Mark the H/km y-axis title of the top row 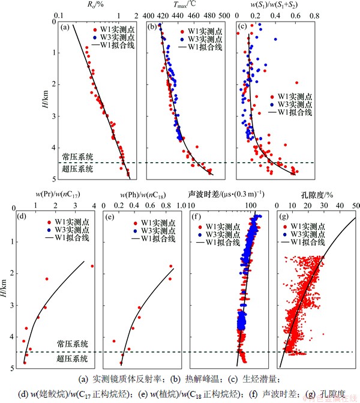[x=47, y=99]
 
